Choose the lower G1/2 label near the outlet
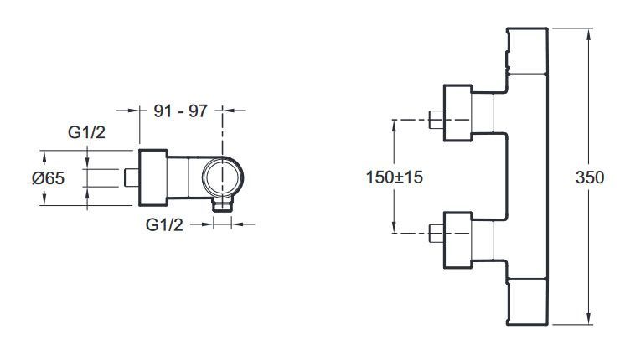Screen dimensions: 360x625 (165, 224)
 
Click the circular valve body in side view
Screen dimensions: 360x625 (222, 178)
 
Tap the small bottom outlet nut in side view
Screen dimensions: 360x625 (222, 205)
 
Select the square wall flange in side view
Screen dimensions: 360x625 (153, 177)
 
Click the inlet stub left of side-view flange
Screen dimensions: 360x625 (130, 177)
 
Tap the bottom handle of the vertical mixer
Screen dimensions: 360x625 (528, 300)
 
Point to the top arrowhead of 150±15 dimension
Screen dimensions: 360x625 (393, 124)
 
